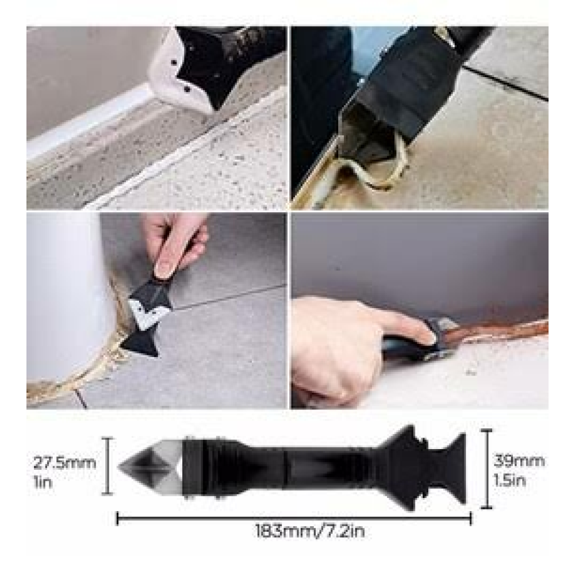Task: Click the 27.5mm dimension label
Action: click(64, 463)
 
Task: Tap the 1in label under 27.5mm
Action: click(43, 482)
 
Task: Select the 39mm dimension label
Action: click(519, 461)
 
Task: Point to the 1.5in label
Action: click(509, 480)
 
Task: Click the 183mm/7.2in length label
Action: click(310, 531)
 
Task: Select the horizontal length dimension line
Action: click(294, 518)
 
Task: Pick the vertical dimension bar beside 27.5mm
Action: click(107, 466)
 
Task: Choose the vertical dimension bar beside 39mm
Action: click(486, 469)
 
